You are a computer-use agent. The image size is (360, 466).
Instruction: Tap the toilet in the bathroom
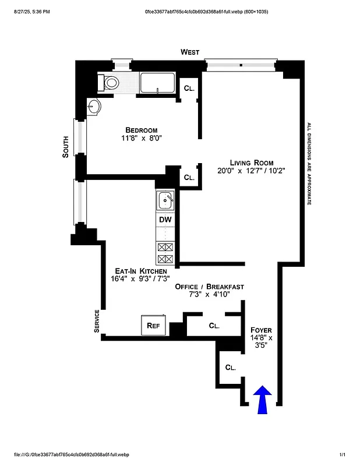pyautogui.click(x=110, y=82)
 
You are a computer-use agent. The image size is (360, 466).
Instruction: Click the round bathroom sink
pyautogui.click(x=95, y=106)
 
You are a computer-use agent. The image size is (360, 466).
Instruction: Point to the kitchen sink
pyautogui.click(x=166, y=201)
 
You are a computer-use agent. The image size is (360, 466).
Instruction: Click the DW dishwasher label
pyautogui.click(x=165, y=221)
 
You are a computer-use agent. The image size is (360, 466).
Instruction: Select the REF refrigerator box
pyautogui.click(x=154, y=325)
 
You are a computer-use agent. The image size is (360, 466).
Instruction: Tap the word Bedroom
pyautogui.click(x=141, y=130)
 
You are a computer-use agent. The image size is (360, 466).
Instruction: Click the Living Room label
pyautogui.click(x=251, y=163)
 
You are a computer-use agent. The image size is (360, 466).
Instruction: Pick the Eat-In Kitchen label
pyautogui.click(x=141, y=271)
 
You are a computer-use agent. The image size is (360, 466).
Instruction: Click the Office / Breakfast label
pyautogui.click(x=210, y=287)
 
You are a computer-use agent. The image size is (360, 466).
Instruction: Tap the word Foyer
pyautogui.click(x=261, y=330)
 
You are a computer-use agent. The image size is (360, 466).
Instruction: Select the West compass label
pyautogui.click(x=189, y=52)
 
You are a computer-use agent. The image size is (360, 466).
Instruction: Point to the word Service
pyautogui.click(x=97, y=322)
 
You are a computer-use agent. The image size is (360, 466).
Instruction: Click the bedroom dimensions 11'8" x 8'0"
pyautogui.click(x=141, y=139)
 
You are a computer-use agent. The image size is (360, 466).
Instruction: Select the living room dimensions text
pyautogui.click(x=251, y=171)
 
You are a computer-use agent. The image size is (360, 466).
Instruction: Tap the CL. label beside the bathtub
pyautogui.click(x=189, y=89)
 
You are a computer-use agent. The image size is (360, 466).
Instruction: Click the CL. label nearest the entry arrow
pyautogui.click(x=230, y=368)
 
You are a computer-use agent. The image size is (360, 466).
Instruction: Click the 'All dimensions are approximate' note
pyautogui.click(x=309, y=164)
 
